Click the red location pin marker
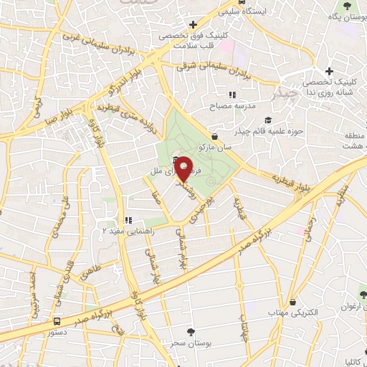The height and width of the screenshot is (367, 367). (183, 168)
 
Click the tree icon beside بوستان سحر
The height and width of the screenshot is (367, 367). (190, 332)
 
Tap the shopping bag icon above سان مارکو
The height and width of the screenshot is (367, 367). (215, 135)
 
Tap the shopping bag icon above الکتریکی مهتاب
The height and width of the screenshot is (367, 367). (292, 302)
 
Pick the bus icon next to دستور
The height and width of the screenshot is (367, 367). (57, 320)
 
